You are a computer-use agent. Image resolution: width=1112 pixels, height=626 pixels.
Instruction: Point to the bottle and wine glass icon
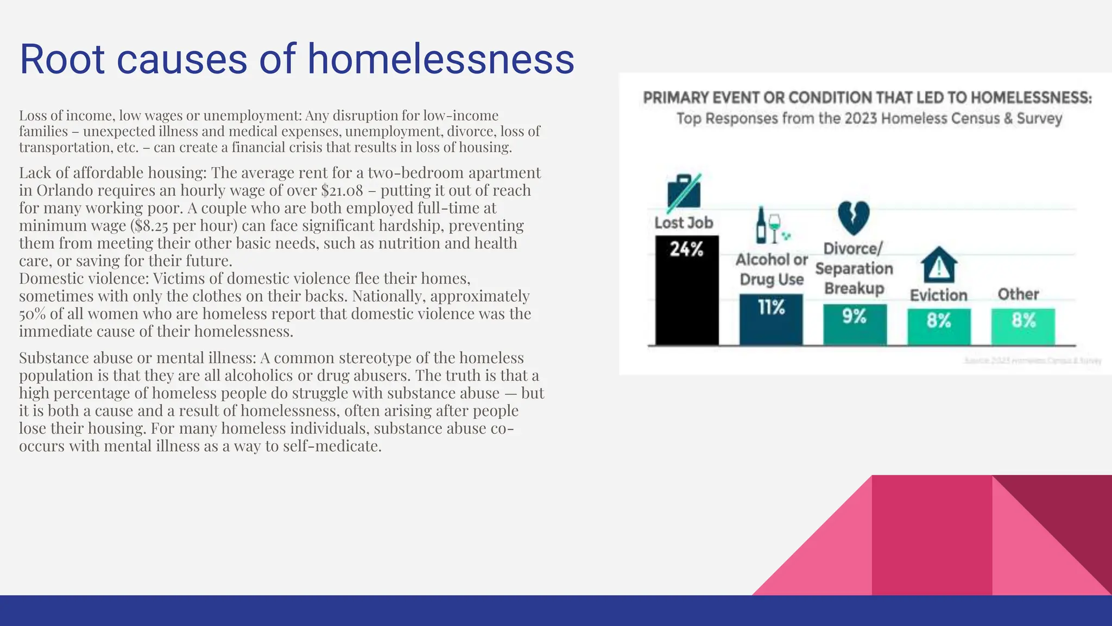(770, 225)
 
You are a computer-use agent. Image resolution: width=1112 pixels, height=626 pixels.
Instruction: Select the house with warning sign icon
(939, 265)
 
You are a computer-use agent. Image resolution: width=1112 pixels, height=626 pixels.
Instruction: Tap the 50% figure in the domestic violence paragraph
(32, 314)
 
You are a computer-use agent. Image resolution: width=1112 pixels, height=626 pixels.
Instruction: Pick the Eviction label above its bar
(938, 295)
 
